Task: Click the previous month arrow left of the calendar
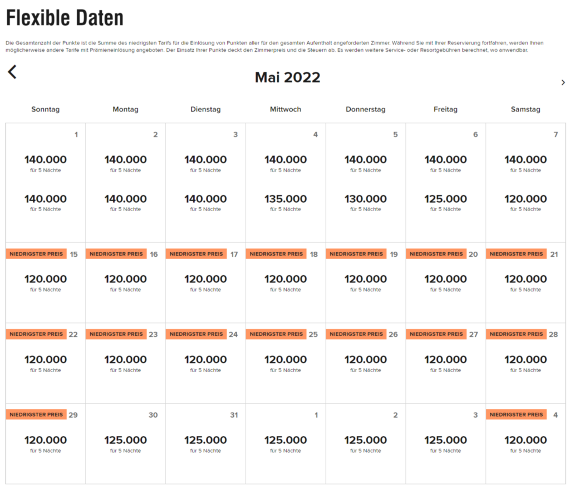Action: pos(12,72)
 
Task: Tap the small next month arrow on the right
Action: pos(563,82)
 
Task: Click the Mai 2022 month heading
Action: pos(287,77)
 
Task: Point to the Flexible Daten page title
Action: pos(65,18)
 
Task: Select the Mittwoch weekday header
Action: pos(286,109)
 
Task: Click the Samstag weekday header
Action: pos(525,109)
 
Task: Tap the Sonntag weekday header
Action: pos(46,109)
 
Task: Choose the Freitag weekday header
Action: pos(445,109)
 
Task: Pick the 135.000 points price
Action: pos(286,199)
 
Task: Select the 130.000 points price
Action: pos(366,199)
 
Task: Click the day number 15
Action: pos(73,255)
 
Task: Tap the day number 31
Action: pos(234,415)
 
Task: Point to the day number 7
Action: pos(556,135)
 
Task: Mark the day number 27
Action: pos(474,335)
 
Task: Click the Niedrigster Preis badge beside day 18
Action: pos(276,254)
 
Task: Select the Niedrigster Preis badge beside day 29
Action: pos(36,414)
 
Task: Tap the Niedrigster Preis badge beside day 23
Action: pos(116,334)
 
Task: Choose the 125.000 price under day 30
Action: pos(126,440)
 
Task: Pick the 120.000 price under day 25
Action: pos(286,360)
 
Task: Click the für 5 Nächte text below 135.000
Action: pos(286,209)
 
